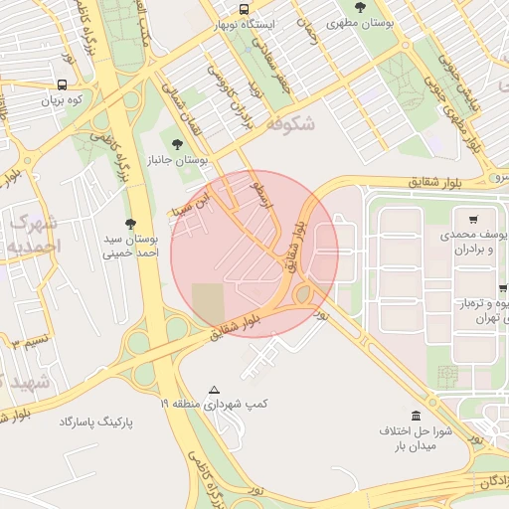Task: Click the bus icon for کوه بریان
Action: [62, 85]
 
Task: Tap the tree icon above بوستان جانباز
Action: [178, 144]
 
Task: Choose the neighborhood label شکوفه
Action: [291, 124]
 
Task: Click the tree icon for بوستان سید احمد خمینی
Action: [129, 225]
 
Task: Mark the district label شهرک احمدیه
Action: [35, 233]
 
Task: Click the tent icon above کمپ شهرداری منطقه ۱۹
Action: [214, 390]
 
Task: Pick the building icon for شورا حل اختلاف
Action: [416, 416]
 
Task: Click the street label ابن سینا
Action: [194, 197]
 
